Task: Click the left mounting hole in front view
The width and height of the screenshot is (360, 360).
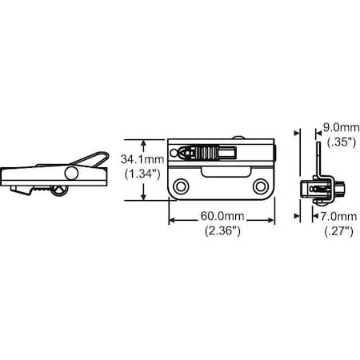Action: tap(184, 186)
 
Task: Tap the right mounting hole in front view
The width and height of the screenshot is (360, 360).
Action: tap(260, 186)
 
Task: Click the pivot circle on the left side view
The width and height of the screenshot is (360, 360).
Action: tap(72, 174)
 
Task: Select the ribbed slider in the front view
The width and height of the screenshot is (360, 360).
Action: tap(206, 150)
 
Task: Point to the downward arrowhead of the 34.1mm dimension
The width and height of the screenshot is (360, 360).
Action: tap(144, 198)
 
